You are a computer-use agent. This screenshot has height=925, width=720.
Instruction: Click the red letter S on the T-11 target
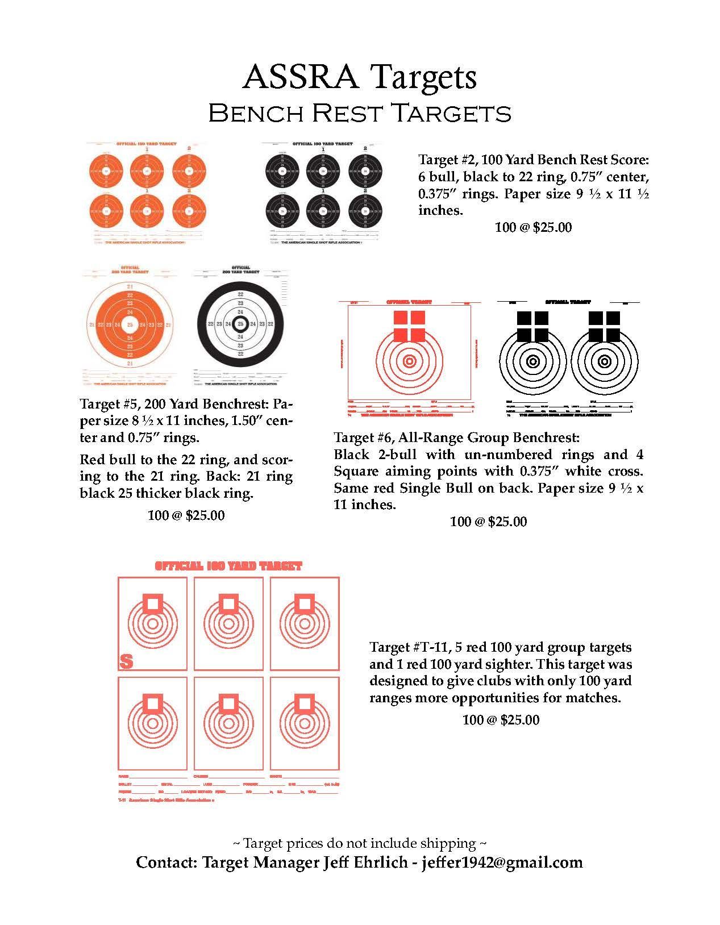pyautogui.click(x=126, y=661)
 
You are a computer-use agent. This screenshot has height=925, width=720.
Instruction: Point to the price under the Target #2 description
pyautogui.click(x=533, y=227)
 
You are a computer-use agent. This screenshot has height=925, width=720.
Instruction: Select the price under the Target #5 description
pyautogui.click(x=186, y=515)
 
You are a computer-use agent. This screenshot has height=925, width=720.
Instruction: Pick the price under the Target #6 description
pyautogui.click(x=488, y=521)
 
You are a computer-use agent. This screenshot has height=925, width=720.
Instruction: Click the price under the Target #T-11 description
pyautogui.click(x=501, y=720)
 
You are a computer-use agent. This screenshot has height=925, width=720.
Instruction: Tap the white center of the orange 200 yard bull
pyautogui.click(x=130, y=324)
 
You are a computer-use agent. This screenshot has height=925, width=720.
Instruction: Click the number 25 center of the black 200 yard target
pyautogui.click(x=240, y=324)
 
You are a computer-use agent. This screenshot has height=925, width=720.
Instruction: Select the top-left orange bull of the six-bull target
pyautogui.click(x=106, y=170)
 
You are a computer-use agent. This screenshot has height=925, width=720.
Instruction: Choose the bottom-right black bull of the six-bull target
pyautogui.click(x=364, y=211)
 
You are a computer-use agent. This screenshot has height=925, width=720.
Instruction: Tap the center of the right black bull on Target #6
pyautogui.click(x=604, y=361)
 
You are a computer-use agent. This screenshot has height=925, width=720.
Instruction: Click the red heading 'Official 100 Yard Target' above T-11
pyautogui.click(x=228, y=566)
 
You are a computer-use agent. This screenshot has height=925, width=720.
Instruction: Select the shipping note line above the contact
pyautogui.click(x=359, y=843)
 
